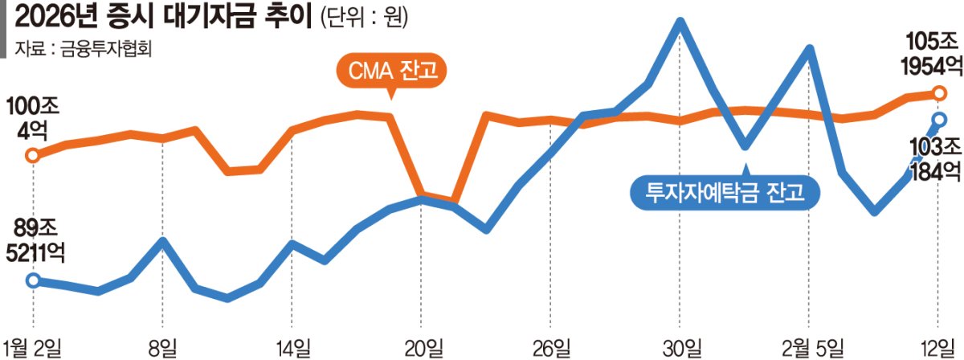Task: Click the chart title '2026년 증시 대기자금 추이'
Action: [x=163, y=18]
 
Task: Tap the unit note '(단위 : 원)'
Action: [x=364, y=18]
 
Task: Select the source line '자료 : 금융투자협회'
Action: [x=84, y=49]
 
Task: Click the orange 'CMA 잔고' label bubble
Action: [x=391, y=71]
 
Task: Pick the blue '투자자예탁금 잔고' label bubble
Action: [x=725, y=192]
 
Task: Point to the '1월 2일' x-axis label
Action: [x=32, y=348]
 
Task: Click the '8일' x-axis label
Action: [x=162, y=348]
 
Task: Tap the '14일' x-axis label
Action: [x=292, y=348]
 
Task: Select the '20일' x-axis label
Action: [x=424, y=348]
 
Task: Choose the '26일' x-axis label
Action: [x=551, y=348]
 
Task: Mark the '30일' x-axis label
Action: [x=682, y=348]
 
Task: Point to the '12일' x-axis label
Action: [x=941, y=348]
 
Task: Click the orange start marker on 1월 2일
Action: [x=33, y=155]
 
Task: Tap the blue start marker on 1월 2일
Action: [x=33, y=280]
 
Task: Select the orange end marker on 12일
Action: [x=940, y=92]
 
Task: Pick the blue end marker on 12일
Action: [x=940, y=119]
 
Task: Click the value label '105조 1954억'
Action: [x=931, y=54]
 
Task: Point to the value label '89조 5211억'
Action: [x=35, y=240]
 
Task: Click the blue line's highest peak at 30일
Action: [x=680, y=22]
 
